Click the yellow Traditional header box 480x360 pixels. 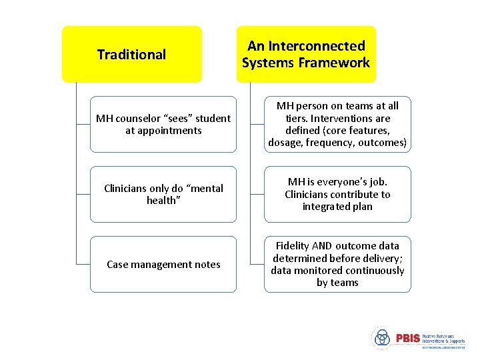point(131,54)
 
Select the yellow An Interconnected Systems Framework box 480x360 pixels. point(306,54)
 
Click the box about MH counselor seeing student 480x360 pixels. point(163,124)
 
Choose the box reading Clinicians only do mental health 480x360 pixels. point(163,194)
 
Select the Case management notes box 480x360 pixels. point(163,264)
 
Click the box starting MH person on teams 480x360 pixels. point(337,124)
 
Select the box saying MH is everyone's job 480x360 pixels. point(337,194)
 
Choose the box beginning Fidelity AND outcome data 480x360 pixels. point(337,264)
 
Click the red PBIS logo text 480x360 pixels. point(408,338)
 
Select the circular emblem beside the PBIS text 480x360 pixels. point(381,338)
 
